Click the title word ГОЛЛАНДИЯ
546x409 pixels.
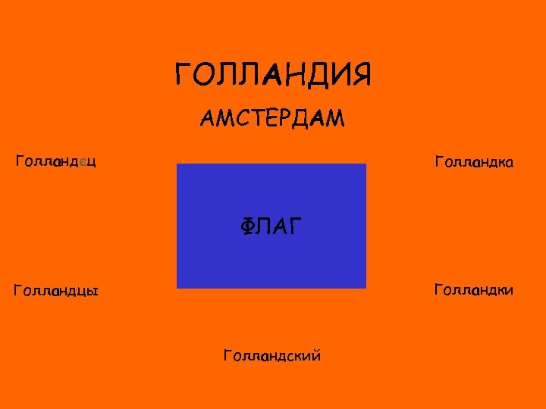[273, 76]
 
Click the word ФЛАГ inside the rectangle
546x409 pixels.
[271, 225]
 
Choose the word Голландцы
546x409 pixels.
[57, 290]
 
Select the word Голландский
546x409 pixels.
[272, 354]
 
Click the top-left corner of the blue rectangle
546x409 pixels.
[177, 164]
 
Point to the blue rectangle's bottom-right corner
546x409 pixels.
[366, 287]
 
